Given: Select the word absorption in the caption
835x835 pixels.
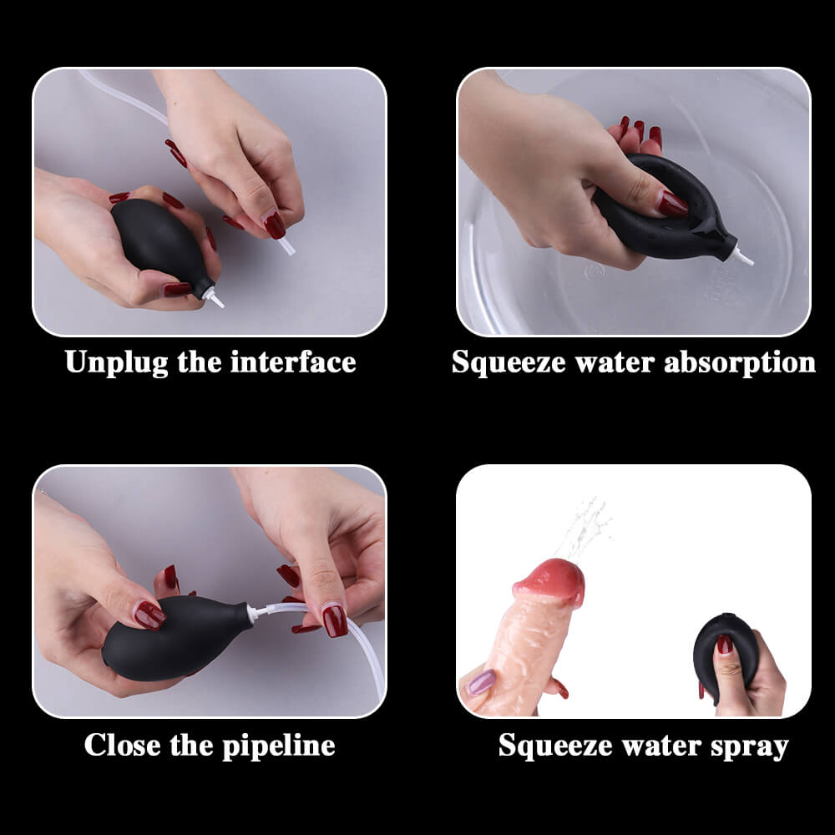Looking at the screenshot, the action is (740, 363).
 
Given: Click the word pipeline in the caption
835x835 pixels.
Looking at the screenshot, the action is (279, 745).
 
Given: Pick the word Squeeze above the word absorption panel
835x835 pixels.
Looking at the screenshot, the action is (508, 363).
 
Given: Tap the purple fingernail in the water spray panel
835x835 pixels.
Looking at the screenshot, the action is (480, 682).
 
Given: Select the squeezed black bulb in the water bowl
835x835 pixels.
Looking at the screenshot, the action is (665, 208).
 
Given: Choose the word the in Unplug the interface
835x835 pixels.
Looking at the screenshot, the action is (200, 362).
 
